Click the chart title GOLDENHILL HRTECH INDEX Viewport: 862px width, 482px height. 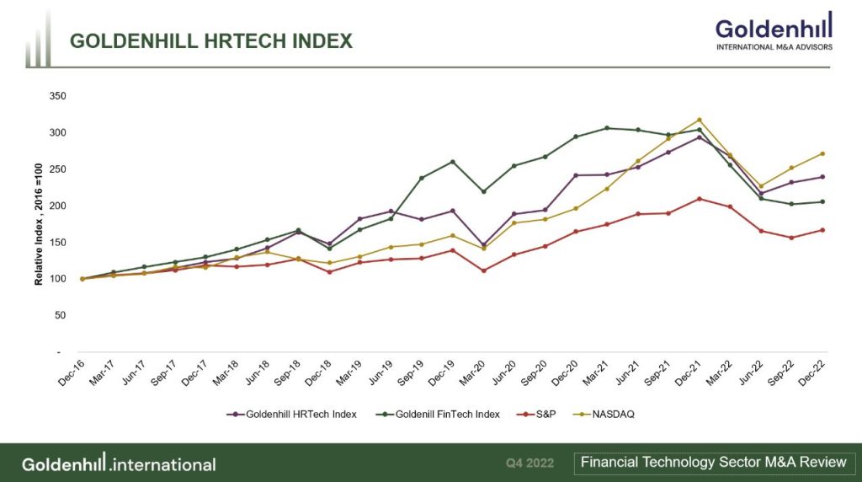click(210, 40)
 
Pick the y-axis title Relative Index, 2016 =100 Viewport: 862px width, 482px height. click(39, 224)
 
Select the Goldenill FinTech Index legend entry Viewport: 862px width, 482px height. click(441, 414)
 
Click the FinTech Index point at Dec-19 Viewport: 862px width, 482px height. click(453, 162)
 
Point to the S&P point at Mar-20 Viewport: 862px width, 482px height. click(483, 270)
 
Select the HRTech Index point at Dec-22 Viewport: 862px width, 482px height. click(822, 177)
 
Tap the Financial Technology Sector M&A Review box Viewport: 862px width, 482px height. click(713, 462)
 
